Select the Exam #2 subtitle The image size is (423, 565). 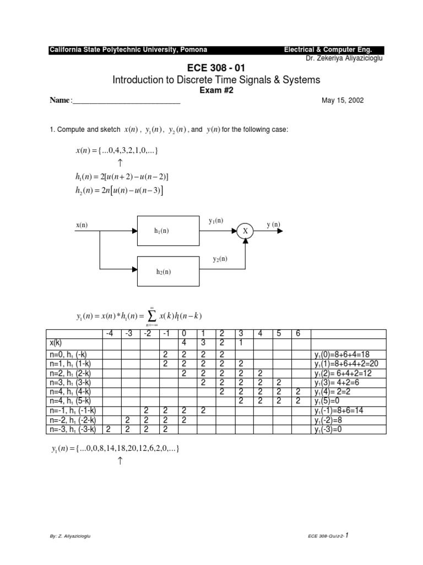pyautogui.click(x=216, y=91)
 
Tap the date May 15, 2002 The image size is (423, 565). pyautogui.click(x=342, y=100)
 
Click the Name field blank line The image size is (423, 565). pyautogui.click(x=126, y=101)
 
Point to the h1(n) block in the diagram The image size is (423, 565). pyautogui.click(x=161, y=231)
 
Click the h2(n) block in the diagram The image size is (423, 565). pyautogui.click(x=161, y=271)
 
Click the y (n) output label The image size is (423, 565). pyautogui.click(x=273, y=224)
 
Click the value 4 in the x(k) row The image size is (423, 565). pyautogui.click(x=183, y=342)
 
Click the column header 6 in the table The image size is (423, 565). pyautogui.click(x=297, y=333)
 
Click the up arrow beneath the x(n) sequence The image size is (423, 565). pyautogui.click(x=120, y=163)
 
